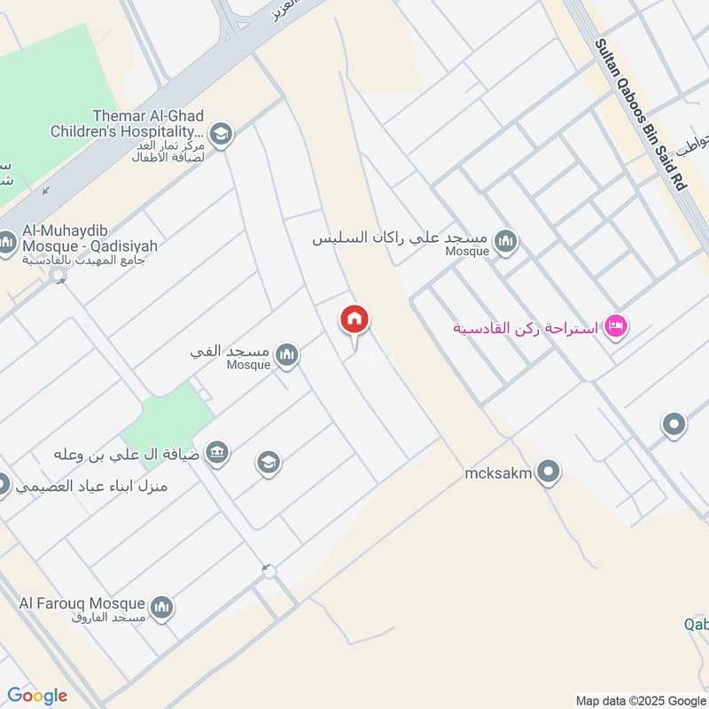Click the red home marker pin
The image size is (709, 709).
(354, 321)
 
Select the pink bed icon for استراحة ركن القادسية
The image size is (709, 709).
(617, 328)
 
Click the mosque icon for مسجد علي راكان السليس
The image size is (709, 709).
(505, 241)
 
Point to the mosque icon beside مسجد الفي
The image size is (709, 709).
(286, 355)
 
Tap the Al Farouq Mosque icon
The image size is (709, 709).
(161, 607)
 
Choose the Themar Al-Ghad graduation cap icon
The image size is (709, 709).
(221, 134)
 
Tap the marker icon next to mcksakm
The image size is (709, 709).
(549, 472)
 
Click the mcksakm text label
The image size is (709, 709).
(498, 473)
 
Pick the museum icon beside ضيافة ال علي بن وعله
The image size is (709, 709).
(216, 454)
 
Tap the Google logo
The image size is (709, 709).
(37, 696)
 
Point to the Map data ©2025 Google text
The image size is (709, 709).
(638, 698)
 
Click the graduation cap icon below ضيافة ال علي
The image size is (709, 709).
(268, 462)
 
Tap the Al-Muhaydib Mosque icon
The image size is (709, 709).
(7, 242)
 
